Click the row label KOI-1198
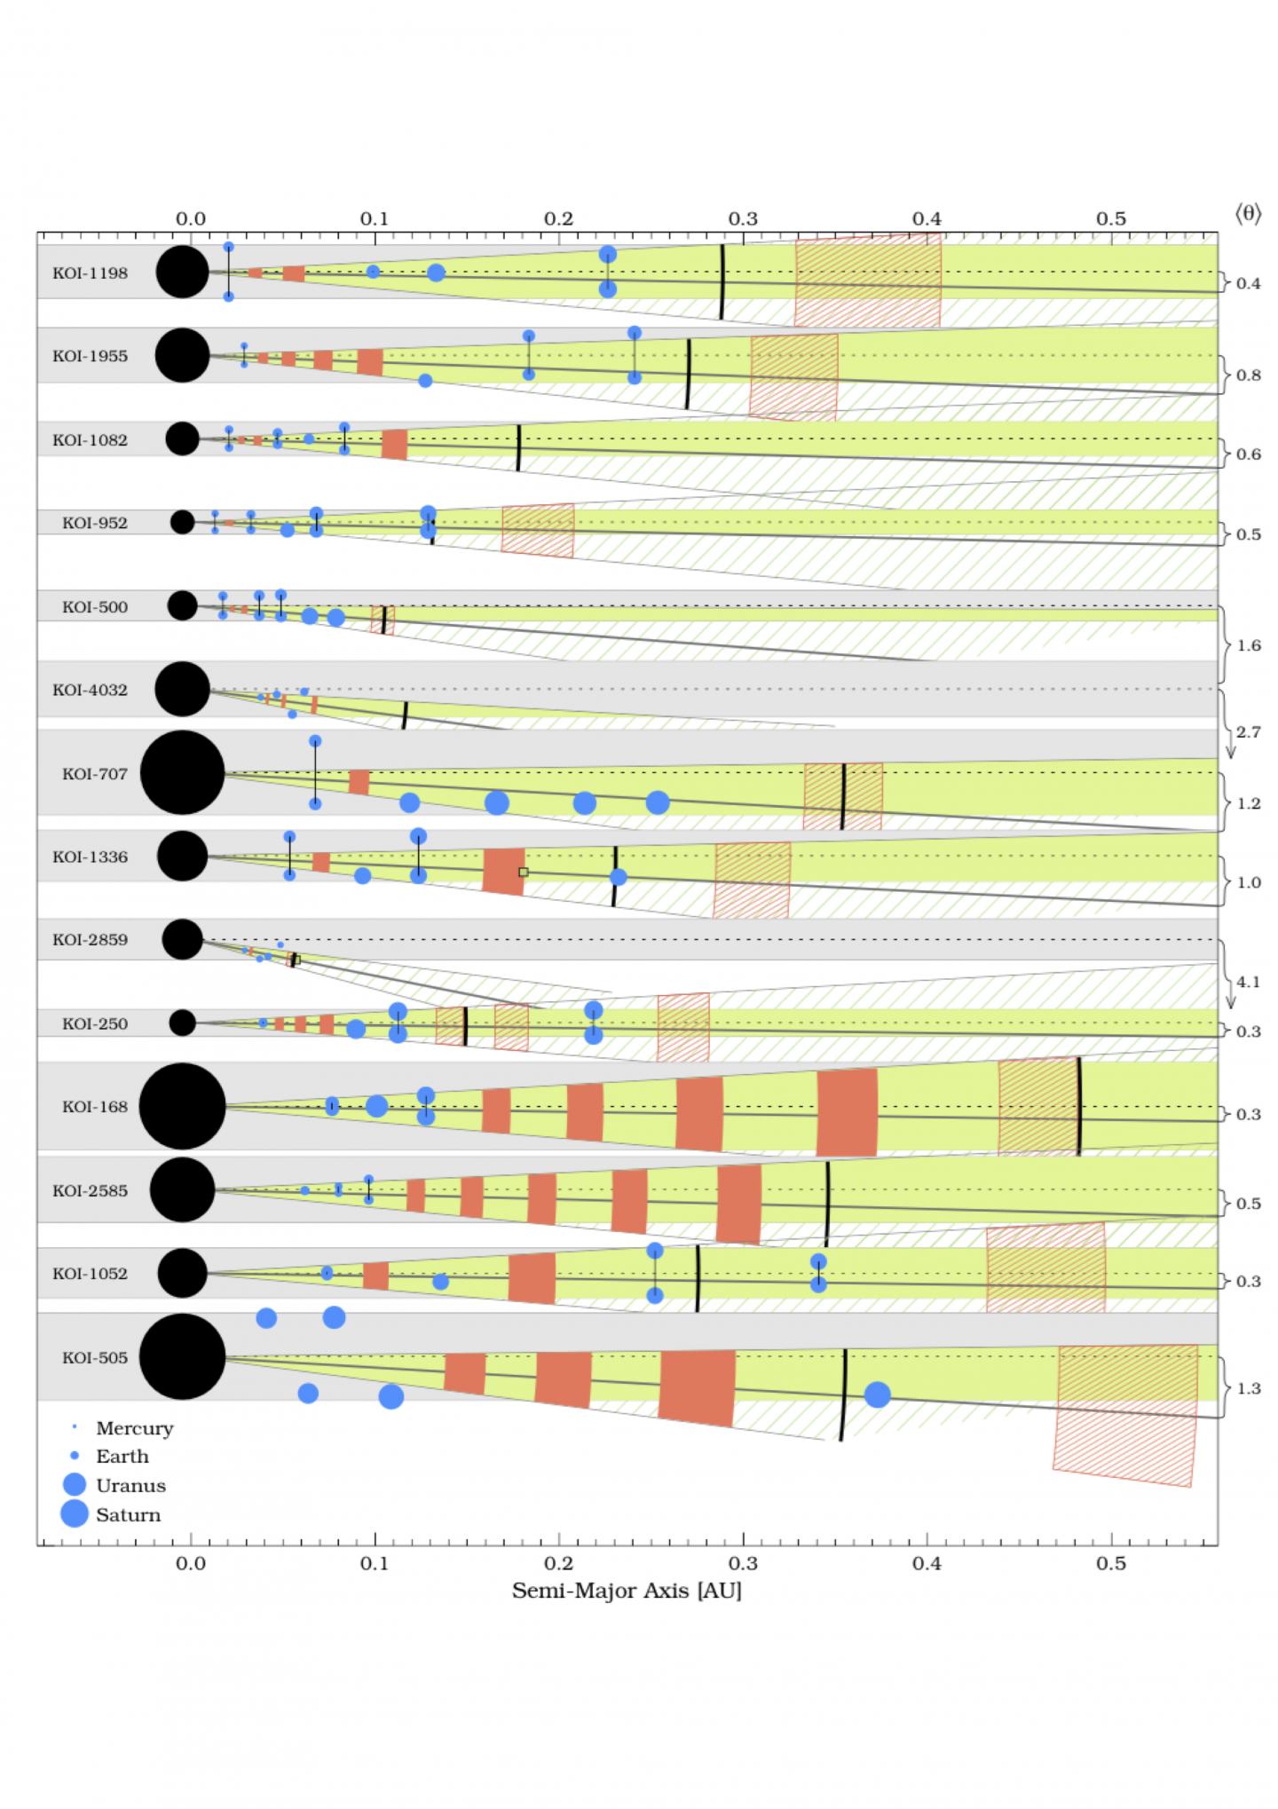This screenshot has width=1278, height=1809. click(x=90, y=273)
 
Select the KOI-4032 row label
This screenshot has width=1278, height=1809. click(x=90, y=690)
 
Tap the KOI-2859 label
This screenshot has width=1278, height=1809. click(x=90, y=940)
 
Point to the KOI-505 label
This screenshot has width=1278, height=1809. click(x=94, y=1358)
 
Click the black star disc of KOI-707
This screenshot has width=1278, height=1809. click(x=182, y=773)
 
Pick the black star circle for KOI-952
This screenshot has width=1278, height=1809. click(x=182, y=522)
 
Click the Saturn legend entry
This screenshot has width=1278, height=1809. click(x=128, y=1515)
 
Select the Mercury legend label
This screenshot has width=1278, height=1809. click(x=134, y=1428)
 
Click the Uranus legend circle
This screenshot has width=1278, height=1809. click(x=75, y=1485)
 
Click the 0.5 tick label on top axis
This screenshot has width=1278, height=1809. click(x=1110, y=219)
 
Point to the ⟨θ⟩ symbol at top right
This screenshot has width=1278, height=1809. click(x=1247, y=214)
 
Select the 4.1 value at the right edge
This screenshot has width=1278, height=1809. click(x=1248, y=983)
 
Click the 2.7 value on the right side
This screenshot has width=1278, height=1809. click(x=1248, y=732)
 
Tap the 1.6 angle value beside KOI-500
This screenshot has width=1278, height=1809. click(x=1248, y=645)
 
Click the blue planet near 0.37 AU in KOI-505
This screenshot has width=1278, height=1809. click(x=877, y=1394)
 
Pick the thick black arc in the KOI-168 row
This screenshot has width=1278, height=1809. click(x=1079, y=1107)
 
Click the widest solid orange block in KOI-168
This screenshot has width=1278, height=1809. click(x=847, y=1113)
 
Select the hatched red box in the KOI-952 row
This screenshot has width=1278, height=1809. click(x=538, y=530)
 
